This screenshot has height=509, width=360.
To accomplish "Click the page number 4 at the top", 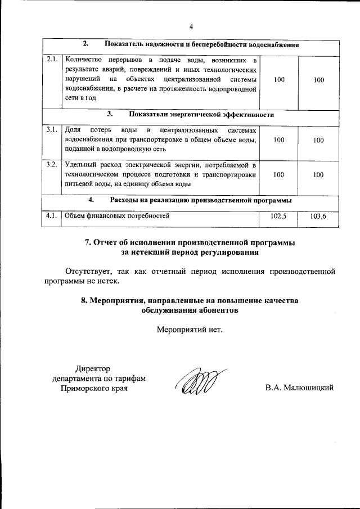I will pyautogui.click(x=191, y=26).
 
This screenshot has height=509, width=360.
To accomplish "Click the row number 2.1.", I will pyautogui.click(x=52, y=59).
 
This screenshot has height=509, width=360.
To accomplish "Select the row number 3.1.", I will pyautogui.click(x=52, y=130).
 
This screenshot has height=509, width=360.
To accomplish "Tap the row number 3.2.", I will pyautogui.click(x=52, y=164).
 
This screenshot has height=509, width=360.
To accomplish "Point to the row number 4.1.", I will pyautogui.click(x=52, y=215).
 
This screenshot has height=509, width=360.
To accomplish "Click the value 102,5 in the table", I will pyautogui.click(x=279, y=216).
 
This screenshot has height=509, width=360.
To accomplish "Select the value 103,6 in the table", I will pyautogui.click(x=319, y=216).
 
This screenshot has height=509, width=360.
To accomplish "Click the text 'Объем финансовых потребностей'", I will pyautogui.click(x=116, y=215).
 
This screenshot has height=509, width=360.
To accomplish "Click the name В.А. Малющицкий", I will pyautogui.click(x=300, y=388).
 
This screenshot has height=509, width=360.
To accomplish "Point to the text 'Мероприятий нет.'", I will pyautogui.click(x=190, y=329).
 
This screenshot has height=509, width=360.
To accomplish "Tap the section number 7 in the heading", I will pyautogui.click(x=88, y=242).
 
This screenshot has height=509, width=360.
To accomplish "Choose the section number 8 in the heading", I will pyautogui.click(x=84, y=300).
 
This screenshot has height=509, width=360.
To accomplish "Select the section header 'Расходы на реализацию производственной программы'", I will pyautogui.click(x=201, y=200).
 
